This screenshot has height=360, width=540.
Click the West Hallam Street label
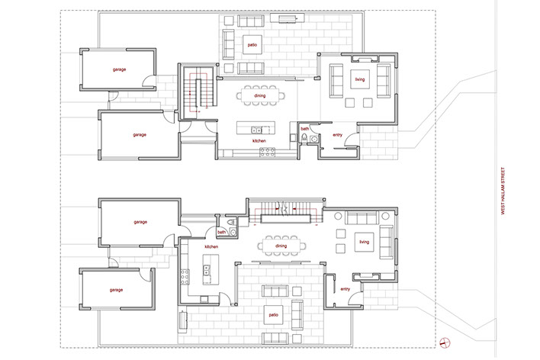503,191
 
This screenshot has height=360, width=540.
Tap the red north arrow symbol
445,342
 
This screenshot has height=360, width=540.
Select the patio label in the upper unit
252,45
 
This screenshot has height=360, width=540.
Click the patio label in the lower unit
274,315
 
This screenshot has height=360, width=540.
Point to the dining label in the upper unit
260,96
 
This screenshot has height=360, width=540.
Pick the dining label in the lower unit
281,246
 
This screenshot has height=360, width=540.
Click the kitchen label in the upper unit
259,141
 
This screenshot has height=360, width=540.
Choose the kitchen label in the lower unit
211,246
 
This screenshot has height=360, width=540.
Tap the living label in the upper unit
360,79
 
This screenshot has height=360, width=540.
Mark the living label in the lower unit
365,243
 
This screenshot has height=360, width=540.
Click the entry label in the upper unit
337,135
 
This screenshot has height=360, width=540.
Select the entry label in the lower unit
345,289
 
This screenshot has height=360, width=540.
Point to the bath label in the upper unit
305,129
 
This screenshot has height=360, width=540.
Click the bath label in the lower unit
221,232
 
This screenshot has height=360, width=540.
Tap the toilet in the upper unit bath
304,138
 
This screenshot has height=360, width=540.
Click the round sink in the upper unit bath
314,139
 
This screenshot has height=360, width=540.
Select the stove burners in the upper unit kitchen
267,152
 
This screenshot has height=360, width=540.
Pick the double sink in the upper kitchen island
256,130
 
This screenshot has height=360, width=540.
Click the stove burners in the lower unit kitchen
185,277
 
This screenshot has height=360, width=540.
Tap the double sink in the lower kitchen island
207,270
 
